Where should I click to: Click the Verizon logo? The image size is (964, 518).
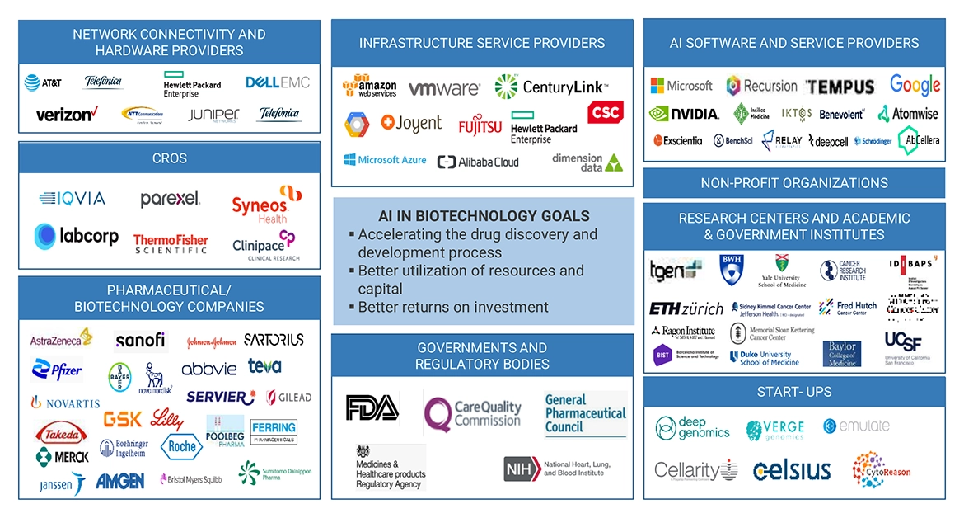coord(67,114)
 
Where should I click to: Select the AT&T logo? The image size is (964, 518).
coord(43,82)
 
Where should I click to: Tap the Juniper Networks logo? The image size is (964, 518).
coord(213,115)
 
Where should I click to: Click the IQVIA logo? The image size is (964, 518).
coord(73,198)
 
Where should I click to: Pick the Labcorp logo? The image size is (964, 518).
coord(77,237)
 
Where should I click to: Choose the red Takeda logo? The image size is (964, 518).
coord(61,431)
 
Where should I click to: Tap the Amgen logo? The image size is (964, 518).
coord(119,480)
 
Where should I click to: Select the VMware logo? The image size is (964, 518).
coord(443,88)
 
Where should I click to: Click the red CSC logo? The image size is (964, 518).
coord(605,111)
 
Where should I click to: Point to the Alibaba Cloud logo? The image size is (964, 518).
coord(478,162)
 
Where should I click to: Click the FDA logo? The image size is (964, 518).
coord(372,407)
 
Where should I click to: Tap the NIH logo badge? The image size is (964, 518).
coord(522,469)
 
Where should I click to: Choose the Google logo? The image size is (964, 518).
coord(915,85)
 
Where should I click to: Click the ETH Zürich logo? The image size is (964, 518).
coord(686,308)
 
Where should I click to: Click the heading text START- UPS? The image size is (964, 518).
coord(794,392)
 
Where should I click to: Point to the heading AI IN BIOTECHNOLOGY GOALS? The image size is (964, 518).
coord(484,216)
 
